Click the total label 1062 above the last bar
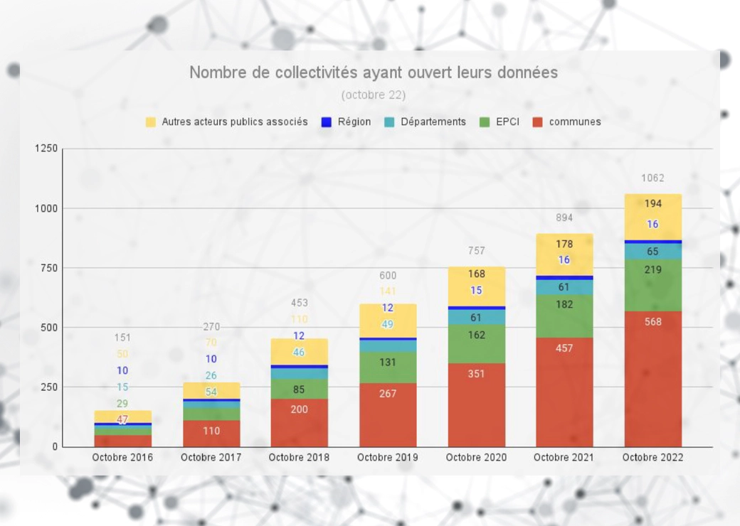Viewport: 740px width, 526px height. pyautogui.click(x=652, y=178)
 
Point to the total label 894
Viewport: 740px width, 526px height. pyautogui.click(x=564, y=218)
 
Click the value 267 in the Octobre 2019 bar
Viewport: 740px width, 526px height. pyautogui.click(x=388, y=394)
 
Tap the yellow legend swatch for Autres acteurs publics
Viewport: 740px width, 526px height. pyautogui.click(x=150, y=122)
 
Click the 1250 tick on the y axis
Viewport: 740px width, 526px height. pyautogui.click(x=46, y=149)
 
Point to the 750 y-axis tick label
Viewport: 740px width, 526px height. pyautogui.click(x=49, y=268)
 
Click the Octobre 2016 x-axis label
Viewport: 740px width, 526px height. pyautogui.click(x=122, y=458)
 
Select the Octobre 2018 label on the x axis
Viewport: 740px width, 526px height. pyautogui.click(x=299, y=458)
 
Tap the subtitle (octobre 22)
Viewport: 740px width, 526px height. pyautogui.click(x=374, y=95)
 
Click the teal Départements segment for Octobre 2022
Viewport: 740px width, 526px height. pyautogui.click(x=652, y=252)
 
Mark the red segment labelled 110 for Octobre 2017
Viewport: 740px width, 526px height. pyautogui.click(x=211, y=431)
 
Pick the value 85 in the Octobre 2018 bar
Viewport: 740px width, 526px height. pyautogui.click(x=299, y=390)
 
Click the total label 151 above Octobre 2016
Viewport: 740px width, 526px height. pyautogui.click(x=122, y=338)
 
